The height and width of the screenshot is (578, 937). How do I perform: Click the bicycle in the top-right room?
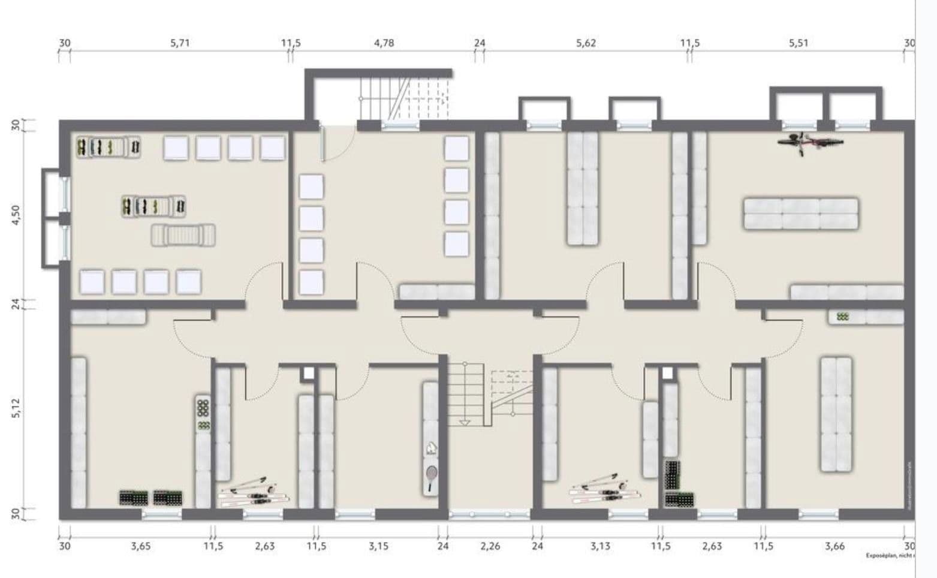coord(810,143)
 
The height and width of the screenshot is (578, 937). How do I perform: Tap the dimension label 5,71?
coord(180,43)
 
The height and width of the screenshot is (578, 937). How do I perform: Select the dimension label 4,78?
coord(384,43)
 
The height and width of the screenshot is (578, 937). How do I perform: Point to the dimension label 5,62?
coord(586,43)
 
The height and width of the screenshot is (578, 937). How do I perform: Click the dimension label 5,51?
coord(799,43)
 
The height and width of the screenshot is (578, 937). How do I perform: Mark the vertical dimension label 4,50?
coord(16,214)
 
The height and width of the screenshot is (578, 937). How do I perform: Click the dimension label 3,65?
coord(141,546)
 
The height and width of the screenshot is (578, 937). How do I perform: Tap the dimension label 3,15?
coord(378,546)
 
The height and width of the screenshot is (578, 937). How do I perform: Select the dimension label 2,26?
coord(490,546)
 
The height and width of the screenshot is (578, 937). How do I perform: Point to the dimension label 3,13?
coord(600,546)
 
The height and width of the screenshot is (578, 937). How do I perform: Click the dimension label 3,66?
coord(834,546)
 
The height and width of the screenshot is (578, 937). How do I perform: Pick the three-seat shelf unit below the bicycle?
coord(801,214)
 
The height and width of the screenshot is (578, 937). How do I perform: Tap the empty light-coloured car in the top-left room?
coord(183,235)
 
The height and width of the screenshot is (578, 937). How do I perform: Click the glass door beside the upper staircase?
coord(323,143)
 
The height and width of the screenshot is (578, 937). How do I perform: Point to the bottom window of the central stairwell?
coord(490,514)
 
